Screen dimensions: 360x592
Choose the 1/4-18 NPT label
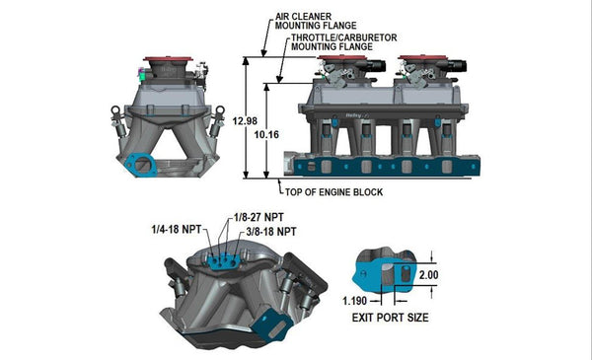(178, 230)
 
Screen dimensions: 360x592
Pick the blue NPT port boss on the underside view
(223, 260)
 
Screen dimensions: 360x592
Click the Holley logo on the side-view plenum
(351, 117)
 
